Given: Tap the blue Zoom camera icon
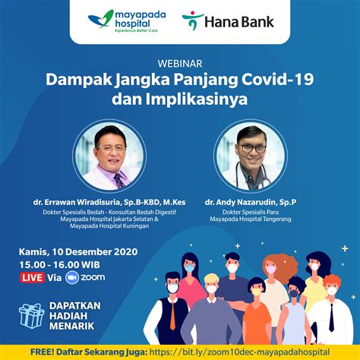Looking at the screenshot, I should (73, 278).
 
